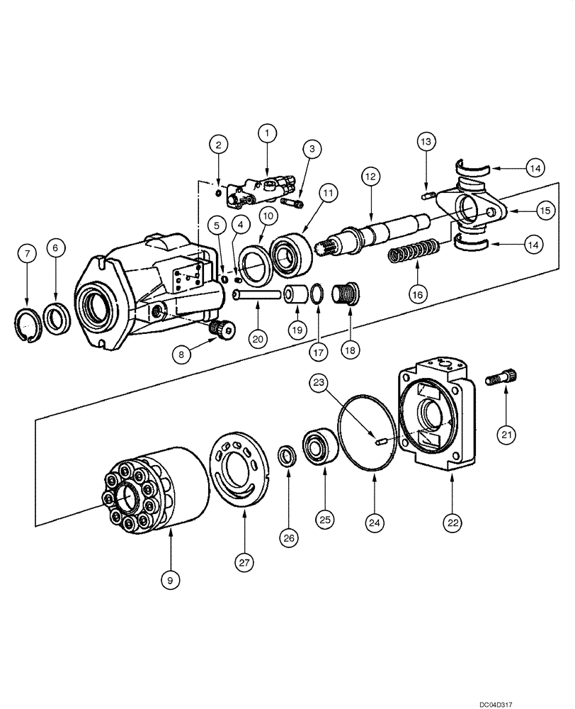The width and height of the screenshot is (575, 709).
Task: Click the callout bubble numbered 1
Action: tap(267, 132)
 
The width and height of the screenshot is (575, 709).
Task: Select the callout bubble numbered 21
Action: tap(506, 434)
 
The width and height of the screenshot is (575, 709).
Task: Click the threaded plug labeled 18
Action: tap(347, 291)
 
